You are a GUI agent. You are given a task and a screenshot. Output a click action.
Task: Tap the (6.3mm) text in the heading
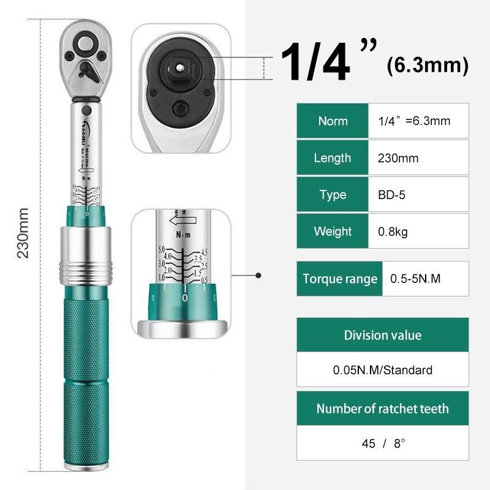click(428, 65)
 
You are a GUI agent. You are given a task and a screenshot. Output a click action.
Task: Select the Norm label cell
click(333, 121)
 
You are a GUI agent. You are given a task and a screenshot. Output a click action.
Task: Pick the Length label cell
click(333, 158)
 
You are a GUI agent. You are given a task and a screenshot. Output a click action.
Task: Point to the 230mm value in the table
click(398, 158)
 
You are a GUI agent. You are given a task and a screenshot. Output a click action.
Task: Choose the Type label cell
click(333, 195)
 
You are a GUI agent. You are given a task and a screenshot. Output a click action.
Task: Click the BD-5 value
click(392, 195)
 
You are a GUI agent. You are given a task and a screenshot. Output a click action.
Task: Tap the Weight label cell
click(333, 232)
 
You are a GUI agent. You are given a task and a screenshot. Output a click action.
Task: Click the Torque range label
click(340, 279)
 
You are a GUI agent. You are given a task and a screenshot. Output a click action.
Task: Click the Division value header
click(382, 335)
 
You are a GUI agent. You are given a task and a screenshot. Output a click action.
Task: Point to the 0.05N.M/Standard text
click(382, 370)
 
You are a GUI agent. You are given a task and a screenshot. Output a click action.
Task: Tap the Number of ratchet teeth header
click(382, 409)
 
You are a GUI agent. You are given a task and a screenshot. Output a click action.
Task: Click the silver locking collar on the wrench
click(86, 251)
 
